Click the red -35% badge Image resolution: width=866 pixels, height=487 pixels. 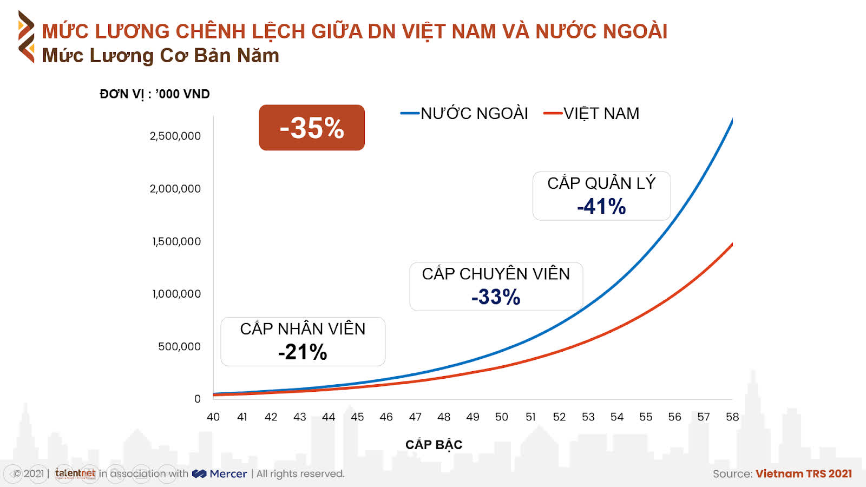312,128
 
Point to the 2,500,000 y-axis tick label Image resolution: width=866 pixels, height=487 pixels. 175,136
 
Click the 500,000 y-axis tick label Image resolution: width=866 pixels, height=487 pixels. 179,346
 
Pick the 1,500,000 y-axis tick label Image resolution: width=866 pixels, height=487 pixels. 176,241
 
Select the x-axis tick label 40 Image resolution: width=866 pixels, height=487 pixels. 213,417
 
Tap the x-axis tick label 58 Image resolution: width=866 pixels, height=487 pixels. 732,417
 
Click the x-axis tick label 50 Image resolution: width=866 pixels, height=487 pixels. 501,417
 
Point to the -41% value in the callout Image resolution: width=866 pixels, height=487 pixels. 601,207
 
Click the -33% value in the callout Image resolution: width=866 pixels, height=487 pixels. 496,297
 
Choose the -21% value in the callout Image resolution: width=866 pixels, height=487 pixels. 303,352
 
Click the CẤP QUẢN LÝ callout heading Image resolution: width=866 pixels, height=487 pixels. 601,183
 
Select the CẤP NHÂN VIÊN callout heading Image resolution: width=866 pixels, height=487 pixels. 303,329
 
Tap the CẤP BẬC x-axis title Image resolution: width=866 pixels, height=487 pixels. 434,445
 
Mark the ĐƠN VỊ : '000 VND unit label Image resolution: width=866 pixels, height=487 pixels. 155,94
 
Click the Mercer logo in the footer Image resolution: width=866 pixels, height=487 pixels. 220,474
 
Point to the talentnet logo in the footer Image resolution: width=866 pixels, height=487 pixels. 75,473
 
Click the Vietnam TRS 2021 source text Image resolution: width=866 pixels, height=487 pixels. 804,474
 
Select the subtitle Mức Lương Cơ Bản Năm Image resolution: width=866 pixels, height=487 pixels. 161,56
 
